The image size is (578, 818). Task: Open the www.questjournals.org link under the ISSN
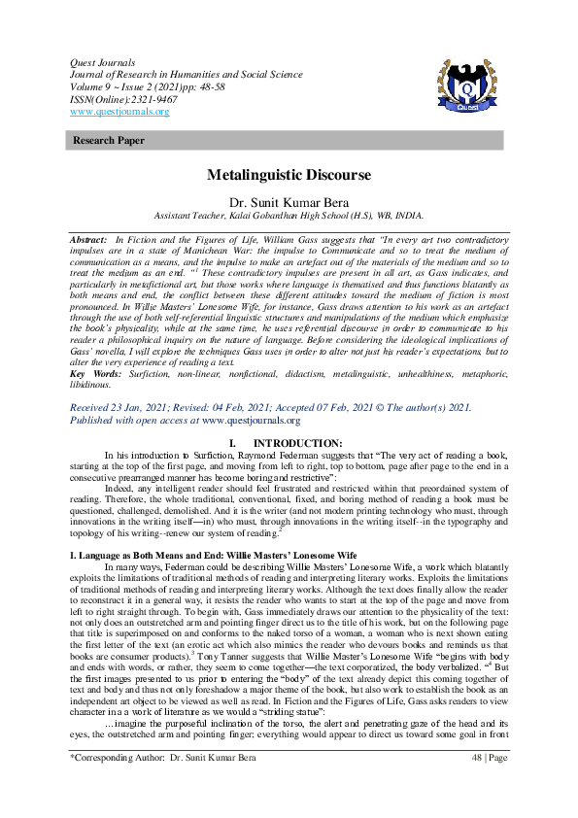pos(120,111)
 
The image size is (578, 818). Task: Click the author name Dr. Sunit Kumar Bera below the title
pos(289,201)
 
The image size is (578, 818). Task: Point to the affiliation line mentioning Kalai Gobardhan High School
pos(289,216)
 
